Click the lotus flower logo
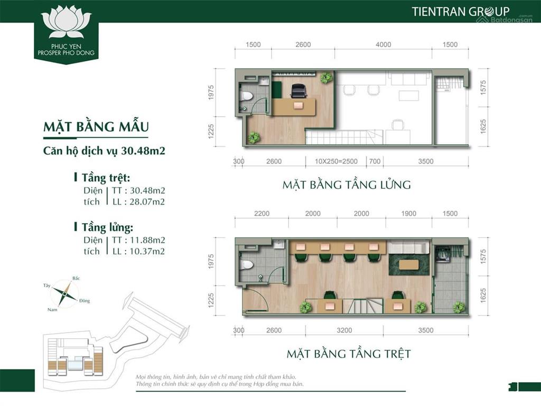[x=66, y=21]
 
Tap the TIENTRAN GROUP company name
[x=461, y=12]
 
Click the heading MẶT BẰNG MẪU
[x=96, y=127]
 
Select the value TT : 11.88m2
[x=138, y=240]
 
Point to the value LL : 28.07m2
[x=138, y=201]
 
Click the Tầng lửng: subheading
[x=107, y=227]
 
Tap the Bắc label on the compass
[x=76, y=278]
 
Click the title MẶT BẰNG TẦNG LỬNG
[x=347, y=184]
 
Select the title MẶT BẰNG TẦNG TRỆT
[x=349, y=354]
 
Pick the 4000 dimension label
[x=384, y=44]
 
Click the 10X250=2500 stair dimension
[x=336, y=161]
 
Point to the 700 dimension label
[x=375, y=161]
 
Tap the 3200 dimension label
[x=344, y=330]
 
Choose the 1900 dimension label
[x=408, y=214]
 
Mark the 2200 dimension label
[x=262, y=214]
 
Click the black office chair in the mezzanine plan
[x=299, y=90]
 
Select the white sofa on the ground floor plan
[x=408, y=247]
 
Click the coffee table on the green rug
[x=409, y=265]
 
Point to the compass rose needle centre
[x=64, y=293]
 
